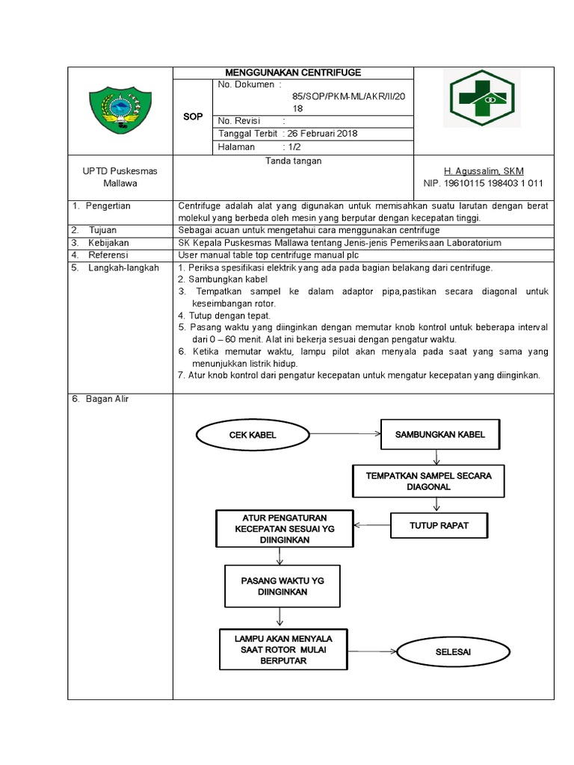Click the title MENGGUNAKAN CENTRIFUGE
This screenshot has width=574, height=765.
293,72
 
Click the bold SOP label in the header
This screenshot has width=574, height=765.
193,117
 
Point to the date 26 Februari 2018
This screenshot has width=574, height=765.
323,134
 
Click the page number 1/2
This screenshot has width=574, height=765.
293,147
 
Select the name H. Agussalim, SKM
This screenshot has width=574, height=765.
484,171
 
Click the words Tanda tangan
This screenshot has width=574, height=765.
293,160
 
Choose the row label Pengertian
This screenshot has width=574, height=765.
108,205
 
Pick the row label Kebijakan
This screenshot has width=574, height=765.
109,243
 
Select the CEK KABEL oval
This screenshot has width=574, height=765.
253,435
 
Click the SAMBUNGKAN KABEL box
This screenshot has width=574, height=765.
439,434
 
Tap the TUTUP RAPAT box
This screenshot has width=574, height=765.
439,525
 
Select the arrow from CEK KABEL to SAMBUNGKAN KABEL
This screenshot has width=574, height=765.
344,433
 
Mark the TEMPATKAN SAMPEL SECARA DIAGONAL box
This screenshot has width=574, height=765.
428,481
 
